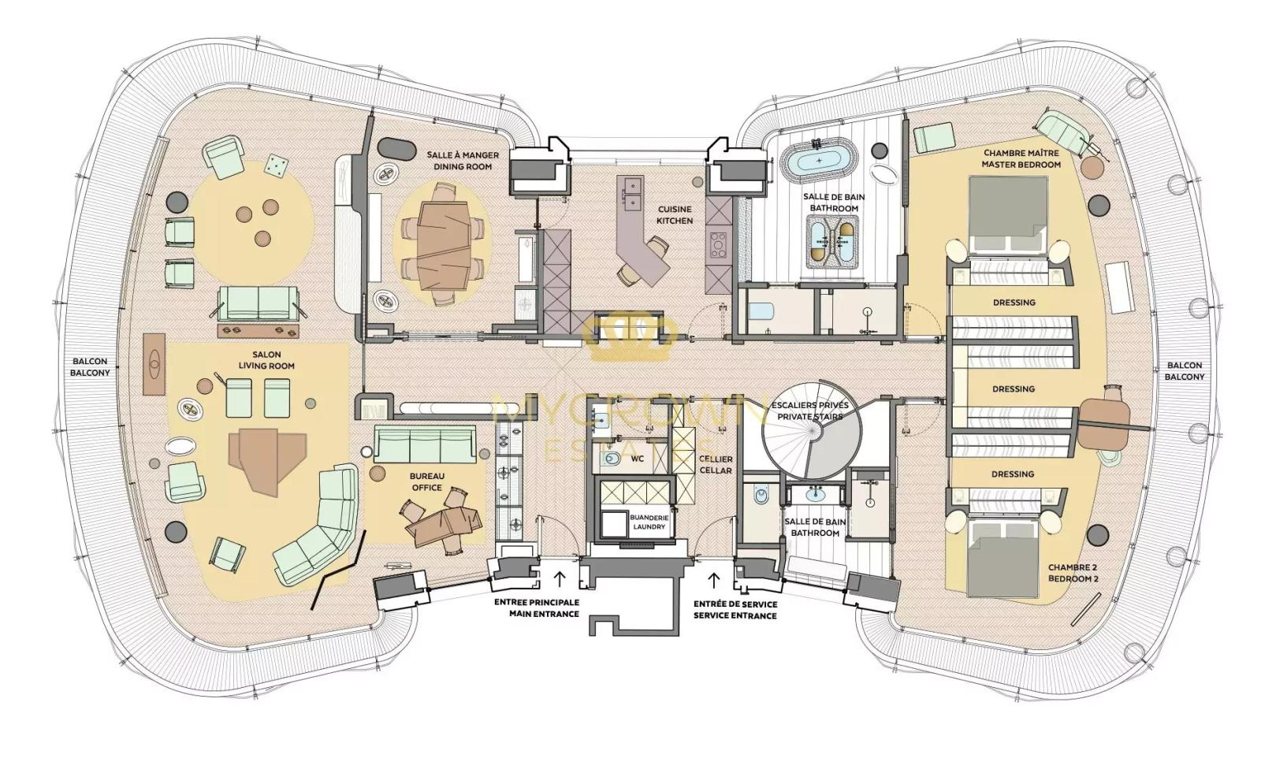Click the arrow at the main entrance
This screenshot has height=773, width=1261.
point(560,580)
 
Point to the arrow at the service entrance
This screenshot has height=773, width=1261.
point(714,581)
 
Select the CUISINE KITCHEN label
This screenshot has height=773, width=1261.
point(675,214)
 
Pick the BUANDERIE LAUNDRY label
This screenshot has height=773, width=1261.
point(649,522)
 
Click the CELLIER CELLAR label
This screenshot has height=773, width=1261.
point(716,464)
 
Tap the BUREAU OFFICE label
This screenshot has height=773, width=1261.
point(426,481)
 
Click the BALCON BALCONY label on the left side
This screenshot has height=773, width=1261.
point(89,366)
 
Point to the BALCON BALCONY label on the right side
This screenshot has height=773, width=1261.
point(1184,370)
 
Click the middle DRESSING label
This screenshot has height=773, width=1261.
point(1013,388)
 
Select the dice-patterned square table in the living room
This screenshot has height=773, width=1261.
point(275,165)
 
